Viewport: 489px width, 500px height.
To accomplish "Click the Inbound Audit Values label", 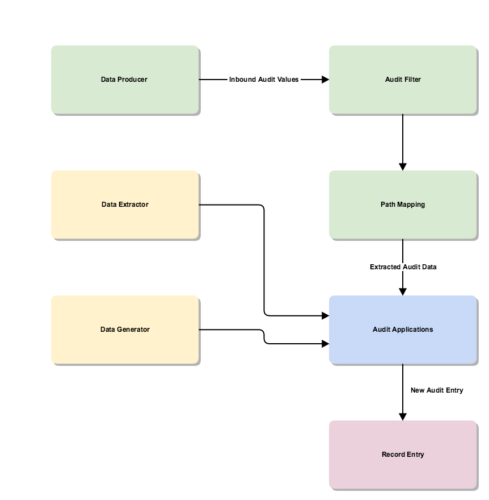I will (264, 80).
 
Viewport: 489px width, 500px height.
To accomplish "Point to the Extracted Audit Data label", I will (403, 266).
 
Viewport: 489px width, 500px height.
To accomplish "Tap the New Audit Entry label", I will (436, 390).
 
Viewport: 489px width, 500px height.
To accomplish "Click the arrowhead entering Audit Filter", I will (325, 80).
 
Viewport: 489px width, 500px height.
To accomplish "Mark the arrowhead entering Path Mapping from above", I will (403, 166).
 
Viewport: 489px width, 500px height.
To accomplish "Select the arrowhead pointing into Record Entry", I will (403, 416).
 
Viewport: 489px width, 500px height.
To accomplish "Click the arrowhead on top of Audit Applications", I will (403, 291).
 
